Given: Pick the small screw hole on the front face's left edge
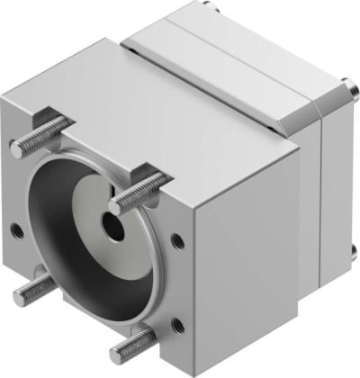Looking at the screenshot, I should pos(16,230).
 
